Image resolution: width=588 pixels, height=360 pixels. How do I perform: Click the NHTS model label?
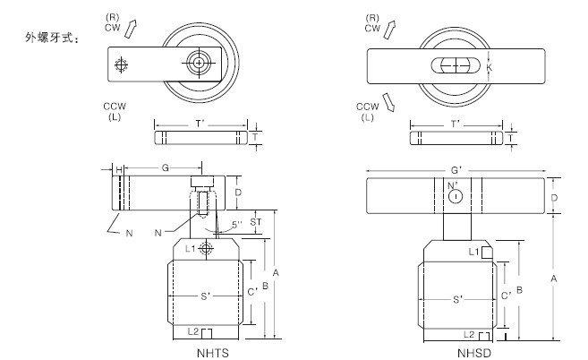(x=213, y=352)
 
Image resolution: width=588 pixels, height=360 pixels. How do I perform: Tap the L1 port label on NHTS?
(x=191, y=250)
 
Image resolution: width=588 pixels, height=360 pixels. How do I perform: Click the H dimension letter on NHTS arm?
(x=117, y=167)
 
